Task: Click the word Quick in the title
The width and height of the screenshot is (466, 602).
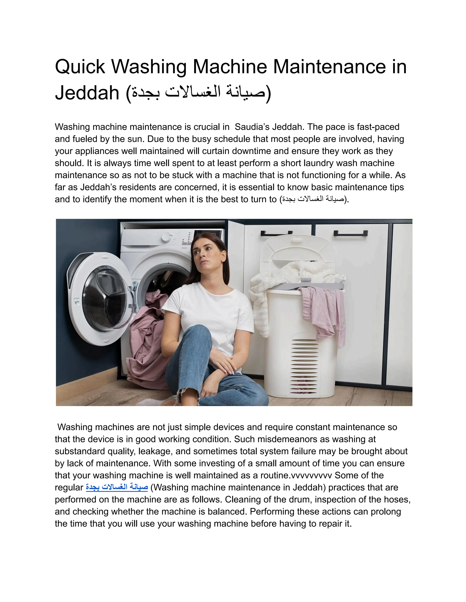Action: (x=80, y=67)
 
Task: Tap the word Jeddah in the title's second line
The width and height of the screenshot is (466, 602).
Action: (x=87, y=93)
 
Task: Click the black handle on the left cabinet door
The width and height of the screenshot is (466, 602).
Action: (x=276, y=234)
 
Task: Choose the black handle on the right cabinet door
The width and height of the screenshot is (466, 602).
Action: (x=350, y=233)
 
